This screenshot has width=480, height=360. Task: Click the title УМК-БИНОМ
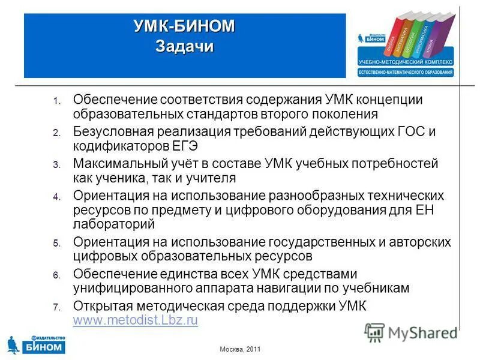[184, 27]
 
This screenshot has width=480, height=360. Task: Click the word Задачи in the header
[184, 46]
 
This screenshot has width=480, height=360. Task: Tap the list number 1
[56, 100]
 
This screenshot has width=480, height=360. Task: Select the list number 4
[56, 197]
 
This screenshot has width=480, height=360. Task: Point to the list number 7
[56, 307]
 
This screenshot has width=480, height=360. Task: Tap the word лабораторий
[114, 224]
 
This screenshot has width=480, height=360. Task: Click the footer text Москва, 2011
[239, 349]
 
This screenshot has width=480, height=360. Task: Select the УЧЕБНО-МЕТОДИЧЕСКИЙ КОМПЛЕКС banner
[406, 62]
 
